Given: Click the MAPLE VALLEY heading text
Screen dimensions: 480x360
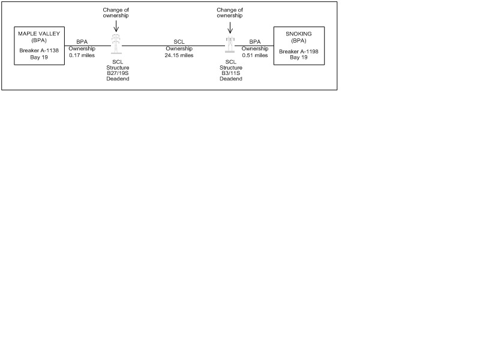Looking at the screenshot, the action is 39,34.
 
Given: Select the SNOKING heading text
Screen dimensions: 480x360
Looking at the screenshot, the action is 298,34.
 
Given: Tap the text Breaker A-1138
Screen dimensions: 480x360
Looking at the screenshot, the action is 39,50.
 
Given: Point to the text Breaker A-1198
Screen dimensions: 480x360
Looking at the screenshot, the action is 298,52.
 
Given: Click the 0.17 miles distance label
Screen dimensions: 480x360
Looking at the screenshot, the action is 82,55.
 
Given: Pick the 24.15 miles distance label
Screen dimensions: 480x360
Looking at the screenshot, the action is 179,55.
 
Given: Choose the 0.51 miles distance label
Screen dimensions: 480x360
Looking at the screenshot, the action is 254,55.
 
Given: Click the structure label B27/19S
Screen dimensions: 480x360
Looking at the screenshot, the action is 118,73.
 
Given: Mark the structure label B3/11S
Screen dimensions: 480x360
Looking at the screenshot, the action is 231,73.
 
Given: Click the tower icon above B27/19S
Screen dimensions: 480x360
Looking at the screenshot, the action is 116,44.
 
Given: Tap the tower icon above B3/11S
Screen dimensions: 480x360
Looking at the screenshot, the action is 230,44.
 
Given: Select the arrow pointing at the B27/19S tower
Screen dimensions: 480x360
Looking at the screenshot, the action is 116,26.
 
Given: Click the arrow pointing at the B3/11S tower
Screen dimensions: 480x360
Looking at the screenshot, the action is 230,28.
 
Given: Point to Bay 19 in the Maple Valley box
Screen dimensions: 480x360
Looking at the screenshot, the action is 39,57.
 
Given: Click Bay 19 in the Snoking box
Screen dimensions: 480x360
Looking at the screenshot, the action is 298,57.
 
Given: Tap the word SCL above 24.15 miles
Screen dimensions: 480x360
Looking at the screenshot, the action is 179,42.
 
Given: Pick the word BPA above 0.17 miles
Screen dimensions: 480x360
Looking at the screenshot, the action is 82,42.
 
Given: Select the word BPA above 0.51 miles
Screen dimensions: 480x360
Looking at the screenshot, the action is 254,42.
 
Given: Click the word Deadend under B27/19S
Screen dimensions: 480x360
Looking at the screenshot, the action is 118,79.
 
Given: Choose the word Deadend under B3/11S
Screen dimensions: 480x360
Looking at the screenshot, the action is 231,79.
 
